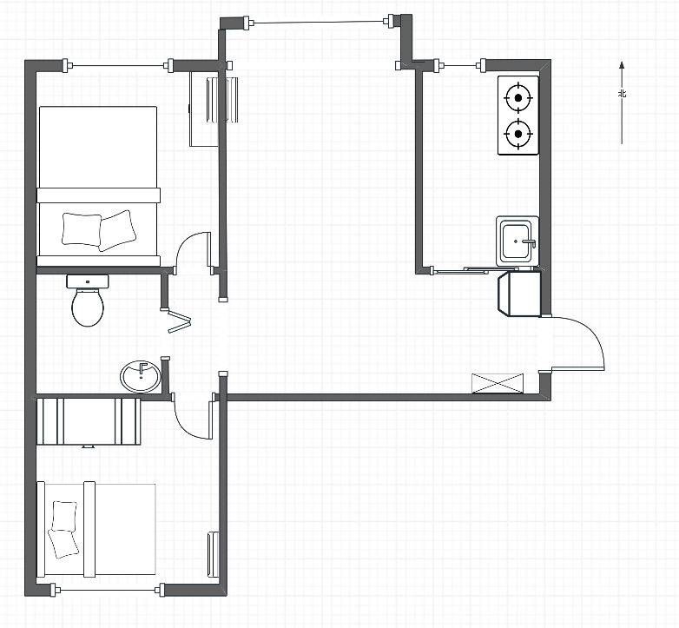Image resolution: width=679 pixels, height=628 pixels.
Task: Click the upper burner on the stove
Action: tap(517, 98)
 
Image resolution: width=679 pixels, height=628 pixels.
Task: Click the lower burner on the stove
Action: tap(517, 134)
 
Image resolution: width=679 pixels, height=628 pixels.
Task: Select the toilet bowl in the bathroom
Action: tap(88, 307)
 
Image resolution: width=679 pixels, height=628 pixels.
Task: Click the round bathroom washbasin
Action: tap(141, 376)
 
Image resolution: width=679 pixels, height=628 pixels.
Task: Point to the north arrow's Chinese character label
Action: tap(623, 94)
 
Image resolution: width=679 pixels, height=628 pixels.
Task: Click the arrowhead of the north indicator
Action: tap(622, 65)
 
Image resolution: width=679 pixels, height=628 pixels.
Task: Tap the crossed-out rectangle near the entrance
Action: tap(498, 384)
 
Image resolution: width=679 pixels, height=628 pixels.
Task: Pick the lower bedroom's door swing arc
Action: tap(184, 427)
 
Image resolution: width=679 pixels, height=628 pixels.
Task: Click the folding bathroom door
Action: tap(177, 321)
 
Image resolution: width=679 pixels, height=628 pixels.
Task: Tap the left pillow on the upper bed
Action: tap(82, 228)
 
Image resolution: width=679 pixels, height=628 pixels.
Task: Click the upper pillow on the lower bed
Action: tap(64, 516)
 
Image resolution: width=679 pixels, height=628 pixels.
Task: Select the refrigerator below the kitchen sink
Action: tap(519, 294)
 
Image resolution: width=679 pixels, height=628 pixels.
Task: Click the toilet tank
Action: tap(88, 281)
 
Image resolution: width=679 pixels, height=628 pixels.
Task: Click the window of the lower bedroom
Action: tap(108, 590)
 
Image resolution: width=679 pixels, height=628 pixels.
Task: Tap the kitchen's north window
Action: tap(460, 66)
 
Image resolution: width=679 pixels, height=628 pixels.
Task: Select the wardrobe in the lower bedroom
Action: tap(89, 422)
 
